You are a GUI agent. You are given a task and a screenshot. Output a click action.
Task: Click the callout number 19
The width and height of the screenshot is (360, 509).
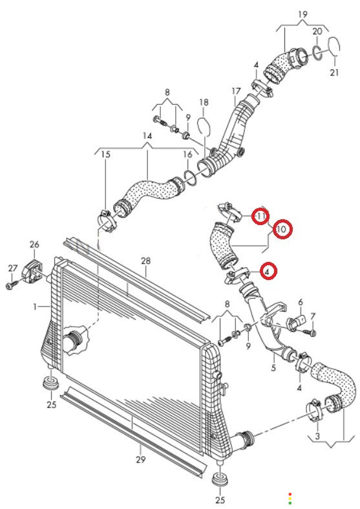click(302, 14)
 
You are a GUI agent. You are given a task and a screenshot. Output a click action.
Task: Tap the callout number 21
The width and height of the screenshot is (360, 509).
click(334, 72)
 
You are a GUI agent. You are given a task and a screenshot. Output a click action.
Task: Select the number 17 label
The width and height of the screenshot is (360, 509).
click(237, 92)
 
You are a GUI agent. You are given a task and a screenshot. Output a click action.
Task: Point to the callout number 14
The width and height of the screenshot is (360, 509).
click(147, 136)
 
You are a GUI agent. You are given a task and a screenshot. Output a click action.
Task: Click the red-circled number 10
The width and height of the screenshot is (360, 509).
click(282, 230)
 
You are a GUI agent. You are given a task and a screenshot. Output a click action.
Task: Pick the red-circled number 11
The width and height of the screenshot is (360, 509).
click(261, 215)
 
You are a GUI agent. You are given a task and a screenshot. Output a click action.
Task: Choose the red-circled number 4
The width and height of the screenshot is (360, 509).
click(267, 272)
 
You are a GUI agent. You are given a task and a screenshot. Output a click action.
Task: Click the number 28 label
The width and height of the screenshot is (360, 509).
click(146, 261)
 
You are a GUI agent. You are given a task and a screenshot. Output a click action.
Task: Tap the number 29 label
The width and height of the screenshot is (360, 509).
click(141, 459)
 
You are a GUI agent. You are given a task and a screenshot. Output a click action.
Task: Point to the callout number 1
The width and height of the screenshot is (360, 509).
click(36, 307)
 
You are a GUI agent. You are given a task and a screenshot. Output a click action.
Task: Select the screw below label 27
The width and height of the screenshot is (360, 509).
click(12, 285)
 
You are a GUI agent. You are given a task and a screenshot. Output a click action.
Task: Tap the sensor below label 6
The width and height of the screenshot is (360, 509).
click(295, 323)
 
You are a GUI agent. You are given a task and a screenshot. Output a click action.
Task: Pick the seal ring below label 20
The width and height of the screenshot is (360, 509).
click(317, 52)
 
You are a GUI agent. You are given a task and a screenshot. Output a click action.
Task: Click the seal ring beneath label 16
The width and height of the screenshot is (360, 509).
click(191, 177)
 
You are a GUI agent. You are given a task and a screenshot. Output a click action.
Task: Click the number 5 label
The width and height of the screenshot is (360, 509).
click(273, 368)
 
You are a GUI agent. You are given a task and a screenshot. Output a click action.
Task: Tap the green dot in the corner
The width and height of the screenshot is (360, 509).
click(290, 503)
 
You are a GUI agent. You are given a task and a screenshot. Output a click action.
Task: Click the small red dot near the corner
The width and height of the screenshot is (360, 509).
click(290, 493)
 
